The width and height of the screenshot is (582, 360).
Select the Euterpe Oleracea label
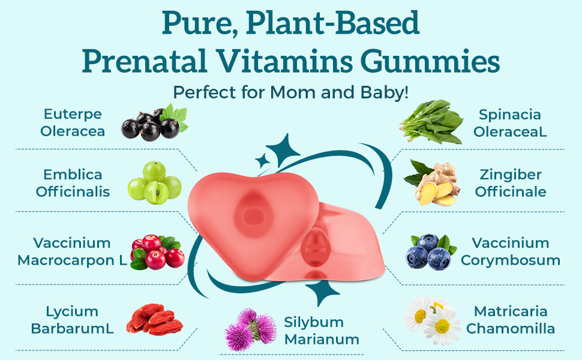tap(73, 122)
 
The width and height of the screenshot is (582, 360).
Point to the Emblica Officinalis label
tap(73, 183)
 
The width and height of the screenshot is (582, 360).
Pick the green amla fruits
tap(154, 182)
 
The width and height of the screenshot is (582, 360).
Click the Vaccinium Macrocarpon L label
tap(73, 251)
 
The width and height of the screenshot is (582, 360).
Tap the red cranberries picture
tap(157, 251)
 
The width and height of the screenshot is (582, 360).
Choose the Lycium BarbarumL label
tap(73, 319)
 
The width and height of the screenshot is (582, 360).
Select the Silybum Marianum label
tap(322, 331)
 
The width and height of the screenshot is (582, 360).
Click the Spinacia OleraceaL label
tap(510, 122)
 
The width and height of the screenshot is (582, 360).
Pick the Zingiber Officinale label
tap(510, 183)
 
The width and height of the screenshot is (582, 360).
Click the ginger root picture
tap(432, 183)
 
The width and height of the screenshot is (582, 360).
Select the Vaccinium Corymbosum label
tap(510, 251)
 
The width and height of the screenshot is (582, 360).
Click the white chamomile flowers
tap(432, 321)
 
